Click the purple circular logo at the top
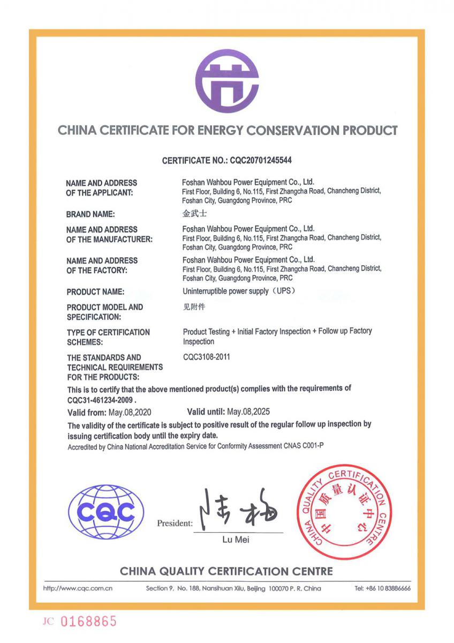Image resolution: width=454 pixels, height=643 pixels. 227,81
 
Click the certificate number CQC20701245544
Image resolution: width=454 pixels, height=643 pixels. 260,160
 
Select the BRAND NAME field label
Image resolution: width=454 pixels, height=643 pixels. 90,214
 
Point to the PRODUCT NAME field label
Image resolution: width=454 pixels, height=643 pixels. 95,292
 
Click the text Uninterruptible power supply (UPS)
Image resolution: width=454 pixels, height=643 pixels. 239,291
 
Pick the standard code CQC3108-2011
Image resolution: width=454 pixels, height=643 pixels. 207,357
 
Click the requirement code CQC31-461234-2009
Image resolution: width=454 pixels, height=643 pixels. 101,400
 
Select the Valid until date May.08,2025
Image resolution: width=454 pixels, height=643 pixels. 248,412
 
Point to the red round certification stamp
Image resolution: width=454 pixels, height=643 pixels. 344,512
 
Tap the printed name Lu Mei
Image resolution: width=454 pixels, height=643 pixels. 236,540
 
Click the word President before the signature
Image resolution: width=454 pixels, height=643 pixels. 175,524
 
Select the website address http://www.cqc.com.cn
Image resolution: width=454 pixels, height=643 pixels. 77,588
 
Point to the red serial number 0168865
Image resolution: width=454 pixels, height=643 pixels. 88,622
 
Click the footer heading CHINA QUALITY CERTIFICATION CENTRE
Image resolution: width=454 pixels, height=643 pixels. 226,571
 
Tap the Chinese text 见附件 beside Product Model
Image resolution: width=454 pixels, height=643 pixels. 193,307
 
